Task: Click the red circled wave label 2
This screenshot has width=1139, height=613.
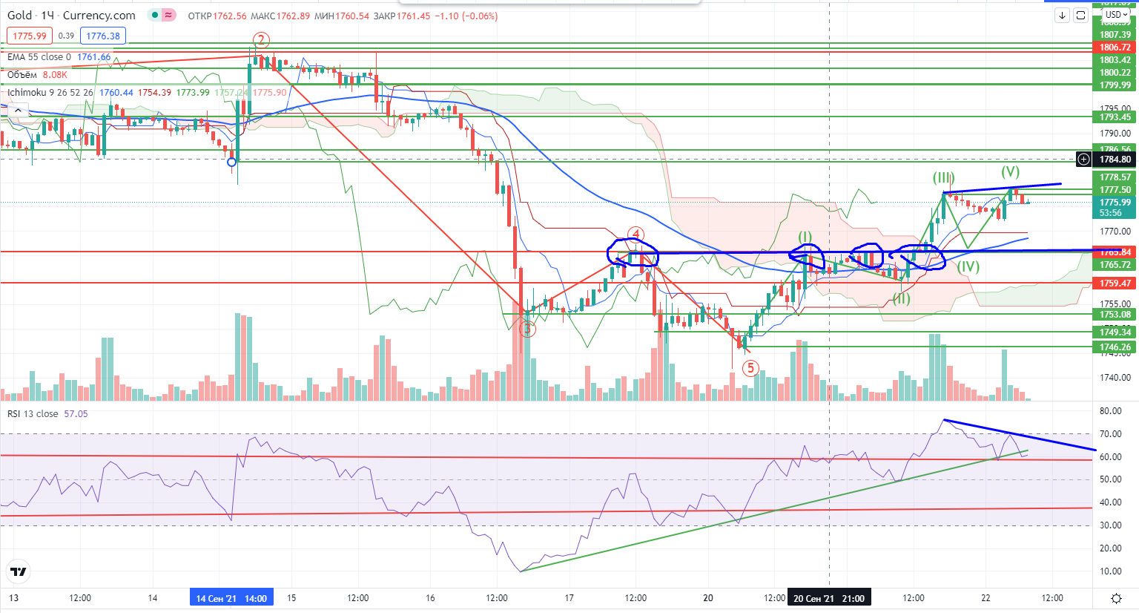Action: click(x=260, y=40)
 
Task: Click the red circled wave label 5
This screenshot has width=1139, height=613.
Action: click(x=750, y=367)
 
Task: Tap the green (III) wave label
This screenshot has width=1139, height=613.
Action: click(x=943, y=178)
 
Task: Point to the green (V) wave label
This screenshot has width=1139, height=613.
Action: click(x=1010, y=171)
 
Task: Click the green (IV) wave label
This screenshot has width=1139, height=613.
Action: click(x=967, y=266)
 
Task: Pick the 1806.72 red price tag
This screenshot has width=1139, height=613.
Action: click(x=1115, y=47)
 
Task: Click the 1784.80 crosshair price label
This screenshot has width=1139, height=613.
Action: click(x=1115, y=160)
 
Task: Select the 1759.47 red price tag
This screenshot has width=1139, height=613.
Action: click(x=1115, y=283)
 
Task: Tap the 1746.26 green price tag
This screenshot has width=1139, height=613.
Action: click(x=1115, y=347)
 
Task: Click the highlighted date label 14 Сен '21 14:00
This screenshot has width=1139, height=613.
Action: click(x=231, y=598)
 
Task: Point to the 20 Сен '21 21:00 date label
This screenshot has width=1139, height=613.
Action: click(x=828, y=598)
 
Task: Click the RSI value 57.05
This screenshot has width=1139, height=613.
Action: click(x=76, y=414)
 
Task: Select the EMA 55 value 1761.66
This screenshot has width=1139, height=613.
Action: click(x=94, y=57)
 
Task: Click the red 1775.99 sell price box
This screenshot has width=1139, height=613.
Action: click(x=30, y=36)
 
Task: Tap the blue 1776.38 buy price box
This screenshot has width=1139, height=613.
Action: click(x=103, y=36)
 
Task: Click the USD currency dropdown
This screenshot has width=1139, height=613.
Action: click(x=1115, y=15)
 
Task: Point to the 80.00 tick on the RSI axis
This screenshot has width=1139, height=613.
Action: click(x=1110, y=411)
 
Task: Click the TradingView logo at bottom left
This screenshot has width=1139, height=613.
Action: click(x=19, y=571)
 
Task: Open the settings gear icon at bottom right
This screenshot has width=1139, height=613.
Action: click(x=1116, y=598)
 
